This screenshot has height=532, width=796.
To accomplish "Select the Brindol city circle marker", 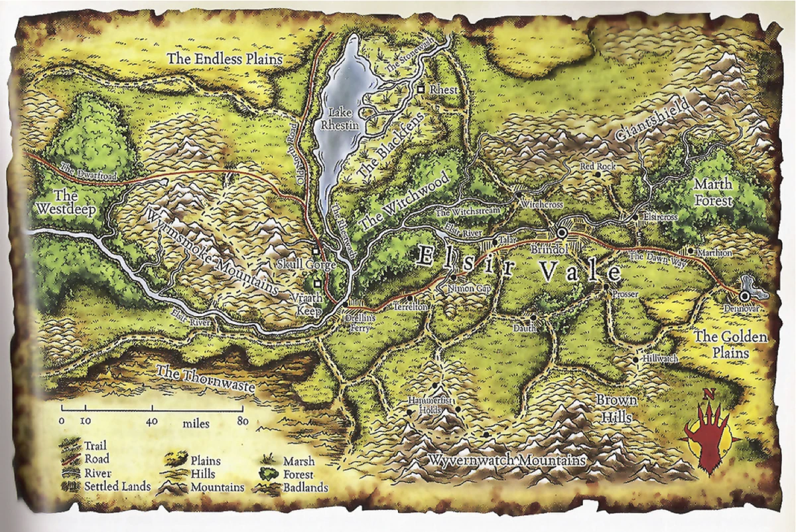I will pos(562,232).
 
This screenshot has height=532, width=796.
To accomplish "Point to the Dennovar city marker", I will pos(746,294).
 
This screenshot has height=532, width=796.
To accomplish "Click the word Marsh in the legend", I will pos(297,461).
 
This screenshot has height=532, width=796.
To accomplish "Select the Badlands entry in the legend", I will pos(305,488).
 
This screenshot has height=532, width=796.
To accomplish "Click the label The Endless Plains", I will pos(224,58).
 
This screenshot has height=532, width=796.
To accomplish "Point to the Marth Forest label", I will pos(713,192).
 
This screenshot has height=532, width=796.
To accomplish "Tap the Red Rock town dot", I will pos(597,174).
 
